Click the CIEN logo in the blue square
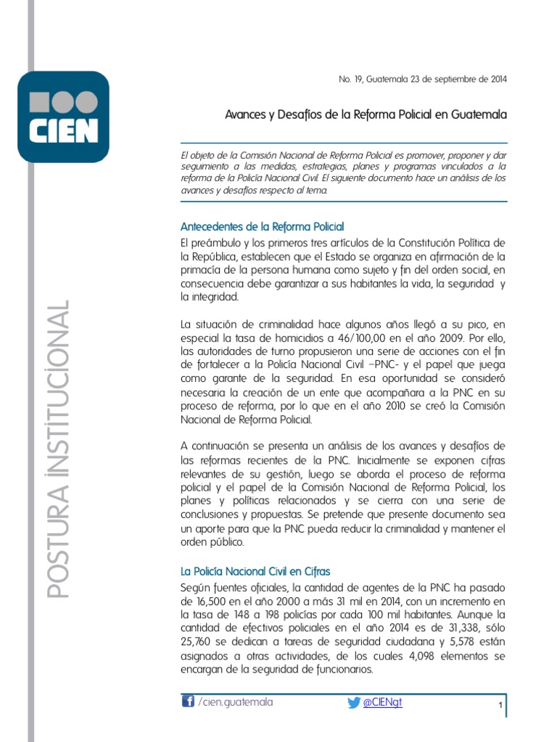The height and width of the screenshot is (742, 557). (x=63, y=116)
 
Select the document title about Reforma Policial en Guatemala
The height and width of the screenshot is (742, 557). (x=366, y=114)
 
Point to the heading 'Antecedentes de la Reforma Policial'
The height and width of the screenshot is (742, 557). (x=261, y=227)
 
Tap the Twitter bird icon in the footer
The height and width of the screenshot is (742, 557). (x=353, y=702)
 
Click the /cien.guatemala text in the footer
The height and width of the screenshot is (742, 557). (x=236, y=702)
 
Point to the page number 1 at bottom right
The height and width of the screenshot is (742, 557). (x=500, y=706)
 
